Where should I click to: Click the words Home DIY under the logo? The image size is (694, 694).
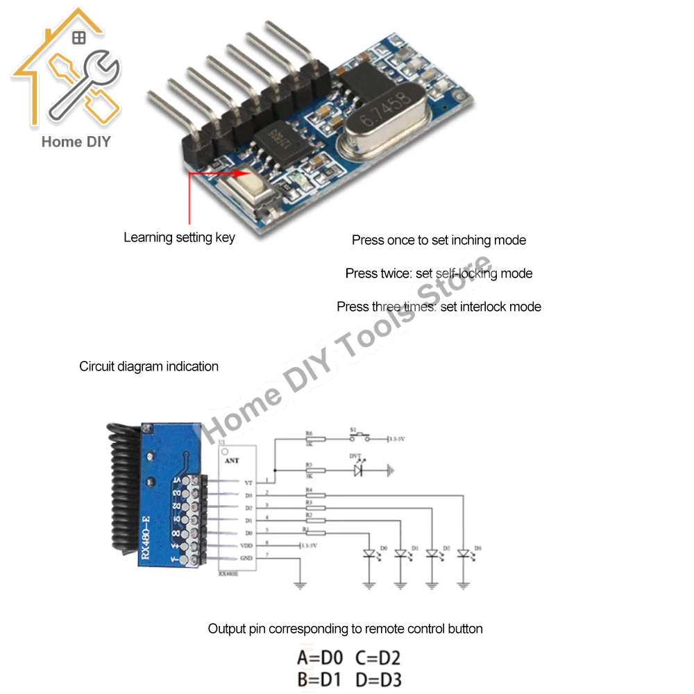[76, 142]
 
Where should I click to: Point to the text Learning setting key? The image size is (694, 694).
[179, 237]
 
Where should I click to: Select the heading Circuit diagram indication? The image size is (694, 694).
[149, 366]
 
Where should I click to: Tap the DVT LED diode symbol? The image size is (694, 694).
[358, 470]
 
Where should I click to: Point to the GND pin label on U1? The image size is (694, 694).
[245, 558]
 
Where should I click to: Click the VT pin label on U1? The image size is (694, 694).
[248, 482]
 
